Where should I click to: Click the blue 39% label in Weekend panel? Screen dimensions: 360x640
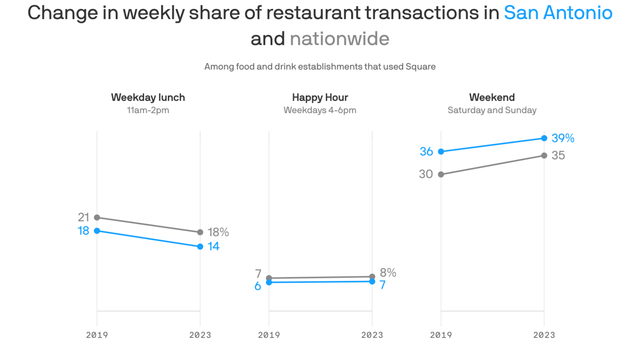[563, 138]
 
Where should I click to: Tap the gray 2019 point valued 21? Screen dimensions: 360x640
[97, 218]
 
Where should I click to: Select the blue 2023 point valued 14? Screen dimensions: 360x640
[200, 247]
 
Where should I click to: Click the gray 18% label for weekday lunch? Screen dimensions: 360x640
[218, 232]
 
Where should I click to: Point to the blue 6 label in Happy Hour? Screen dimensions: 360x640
[258, 286]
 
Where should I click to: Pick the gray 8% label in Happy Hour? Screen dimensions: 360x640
[388, 273]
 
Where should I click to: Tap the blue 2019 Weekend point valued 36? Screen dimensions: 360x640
[441, 152]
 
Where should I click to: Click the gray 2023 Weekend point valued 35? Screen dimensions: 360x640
[544, 156]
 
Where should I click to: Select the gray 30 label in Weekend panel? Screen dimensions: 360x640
[426, 174]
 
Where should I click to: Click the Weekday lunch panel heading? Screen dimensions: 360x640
[148, 98]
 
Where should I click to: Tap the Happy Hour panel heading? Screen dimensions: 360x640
[320, 98]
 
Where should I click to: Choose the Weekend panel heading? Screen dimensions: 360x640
[492, 98]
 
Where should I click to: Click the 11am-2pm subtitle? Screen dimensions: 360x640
[148, 110]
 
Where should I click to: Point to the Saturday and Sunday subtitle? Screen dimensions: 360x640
[492, 110]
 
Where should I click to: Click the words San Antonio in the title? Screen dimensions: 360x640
[558, 13]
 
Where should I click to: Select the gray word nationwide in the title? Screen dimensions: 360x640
[340, 39]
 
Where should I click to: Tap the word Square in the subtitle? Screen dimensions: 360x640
[420, 67]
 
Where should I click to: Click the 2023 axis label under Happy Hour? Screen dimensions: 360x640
[372, 335]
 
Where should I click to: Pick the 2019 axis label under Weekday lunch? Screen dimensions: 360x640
[97, 335]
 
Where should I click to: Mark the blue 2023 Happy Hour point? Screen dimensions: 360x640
[372, 282]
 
